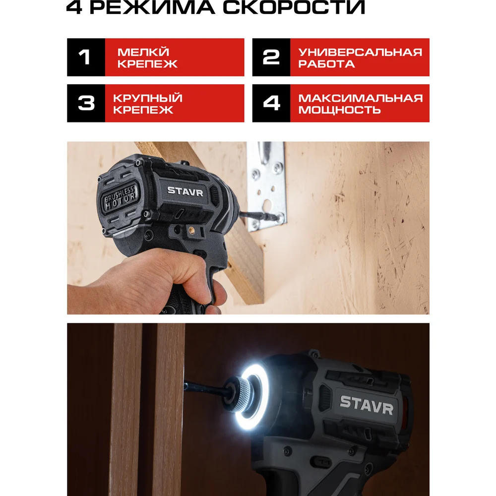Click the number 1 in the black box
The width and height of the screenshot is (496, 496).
click(x=84, y=57)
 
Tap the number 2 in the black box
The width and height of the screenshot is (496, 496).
click(x=271, y=57)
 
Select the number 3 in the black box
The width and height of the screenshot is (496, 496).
click(x=86, y=103)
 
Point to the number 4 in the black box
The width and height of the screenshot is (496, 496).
click(x=271, y=103)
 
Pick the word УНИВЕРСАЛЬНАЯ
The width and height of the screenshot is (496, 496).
click(x=360, y=52)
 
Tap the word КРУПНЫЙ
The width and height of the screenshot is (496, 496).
click(x=148, y=98)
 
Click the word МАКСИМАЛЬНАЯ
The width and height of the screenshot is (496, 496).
click(x=361, y=98)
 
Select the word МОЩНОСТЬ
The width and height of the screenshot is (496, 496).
click(x=339, y=110)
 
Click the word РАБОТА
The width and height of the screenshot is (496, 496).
click(x=326, y=64)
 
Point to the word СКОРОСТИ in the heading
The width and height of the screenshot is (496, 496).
click(x=294, y=7)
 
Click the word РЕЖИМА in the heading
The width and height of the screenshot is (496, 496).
click(x=152, y=7)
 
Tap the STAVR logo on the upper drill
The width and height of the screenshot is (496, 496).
click(x=185, y=191)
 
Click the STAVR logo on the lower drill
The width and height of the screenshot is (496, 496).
click(x=367, y=405)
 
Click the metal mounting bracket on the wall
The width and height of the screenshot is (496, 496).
click(x=268, y=186)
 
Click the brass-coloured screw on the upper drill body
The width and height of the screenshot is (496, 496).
click(x=191, y=230)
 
